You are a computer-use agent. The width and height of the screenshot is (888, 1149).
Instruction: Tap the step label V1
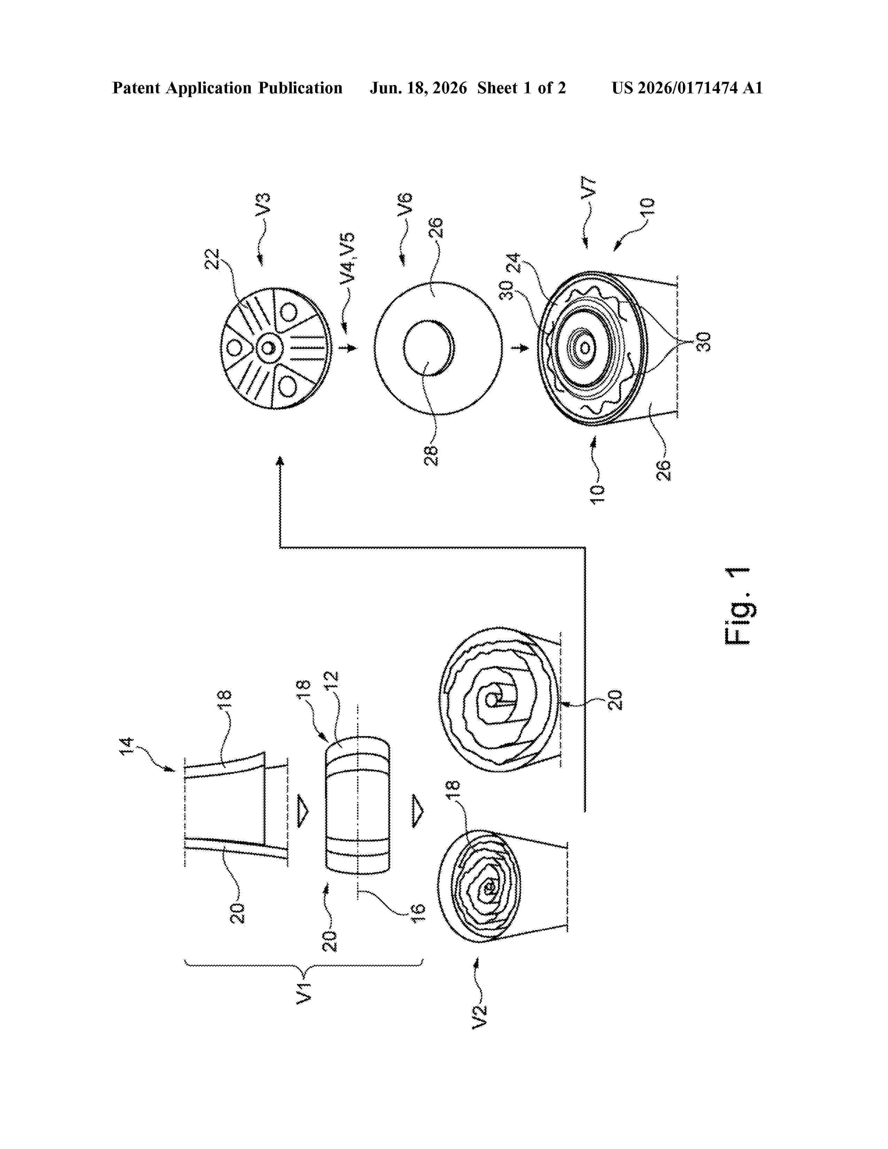click(304, 992)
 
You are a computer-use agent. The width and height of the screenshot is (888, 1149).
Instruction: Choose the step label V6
click(405, 205)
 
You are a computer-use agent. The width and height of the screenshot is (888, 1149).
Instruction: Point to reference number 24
click(513, 263)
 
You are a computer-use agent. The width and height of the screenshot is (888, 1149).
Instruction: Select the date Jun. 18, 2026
click(418, 88)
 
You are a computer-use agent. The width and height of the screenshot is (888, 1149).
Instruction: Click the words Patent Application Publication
click(227, 88)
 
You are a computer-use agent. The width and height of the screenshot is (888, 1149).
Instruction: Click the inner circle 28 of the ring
click(429, 348)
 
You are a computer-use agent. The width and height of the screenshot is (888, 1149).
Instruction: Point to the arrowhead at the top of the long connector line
click(280, 461)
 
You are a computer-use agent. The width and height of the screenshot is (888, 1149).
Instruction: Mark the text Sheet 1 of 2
click(521, 88)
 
